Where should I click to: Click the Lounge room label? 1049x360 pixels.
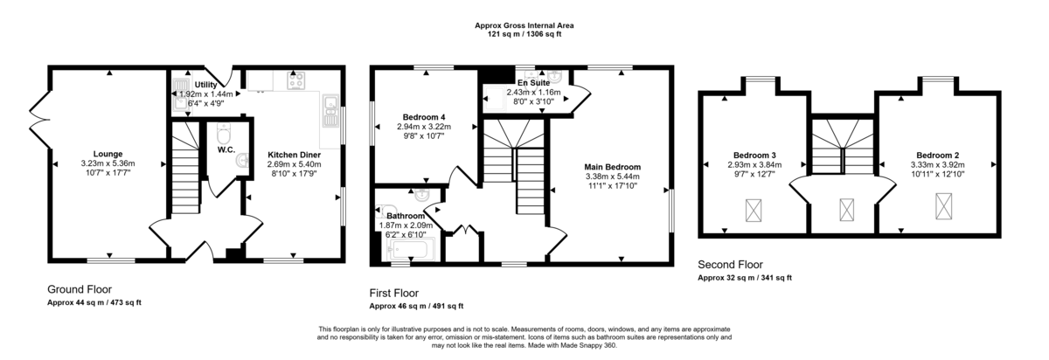point(108,154)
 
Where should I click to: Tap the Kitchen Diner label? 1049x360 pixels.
point(294,155)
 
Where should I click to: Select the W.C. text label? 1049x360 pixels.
point(226,149)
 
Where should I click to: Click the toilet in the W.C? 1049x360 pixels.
point(224,134)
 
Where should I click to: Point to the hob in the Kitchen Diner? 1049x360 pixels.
point(296,80)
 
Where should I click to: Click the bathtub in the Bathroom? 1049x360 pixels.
point(411,250)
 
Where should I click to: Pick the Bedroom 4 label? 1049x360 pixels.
point(424,117)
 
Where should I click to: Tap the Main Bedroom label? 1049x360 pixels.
point(613,167)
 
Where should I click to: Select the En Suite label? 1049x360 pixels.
point(533,83)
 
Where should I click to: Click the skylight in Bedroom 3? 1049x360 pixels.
point(753,211)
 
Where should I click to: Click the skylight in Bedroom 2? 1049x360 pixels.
point(943,206)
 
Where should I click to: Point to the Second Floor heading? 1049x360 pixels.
point(730,265)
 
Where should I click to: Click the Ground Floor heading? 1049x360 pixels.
point(80,289)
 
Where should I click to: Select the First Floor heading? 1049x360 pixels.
point(394,293)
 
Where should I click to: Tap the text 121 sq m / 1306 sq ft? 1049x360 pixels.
point(524,34)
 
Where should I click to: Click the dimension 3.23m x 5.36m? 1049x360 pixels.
point(108,163)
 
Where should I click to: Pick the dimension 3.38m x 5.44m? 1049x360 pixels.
point(613,177)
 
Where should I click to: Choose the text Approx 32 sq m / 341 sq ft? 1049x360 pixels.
point(745,278)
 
